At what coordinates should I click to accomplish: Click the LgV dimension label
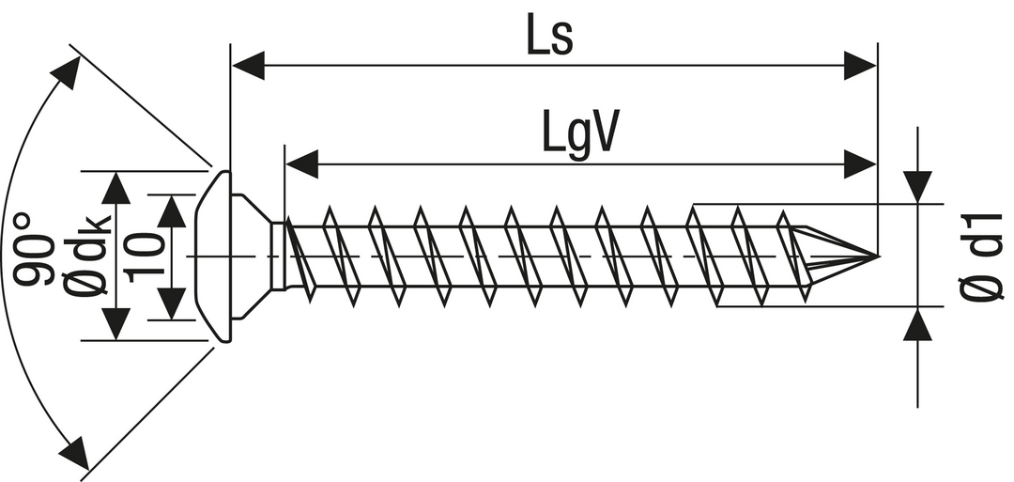pos(581,133)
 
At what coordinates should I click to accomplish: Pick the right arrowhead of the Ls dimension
pos(859,66)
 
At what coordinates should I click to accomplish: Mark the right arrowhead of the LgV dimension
pos(859,164)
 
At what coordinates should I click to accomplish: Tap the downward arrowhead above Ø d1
pos(917,185)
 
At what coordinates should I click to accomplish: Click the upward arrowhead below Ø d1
pos(917,325)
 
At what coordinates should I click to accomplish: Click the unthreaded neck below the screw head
pos(279,256)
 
